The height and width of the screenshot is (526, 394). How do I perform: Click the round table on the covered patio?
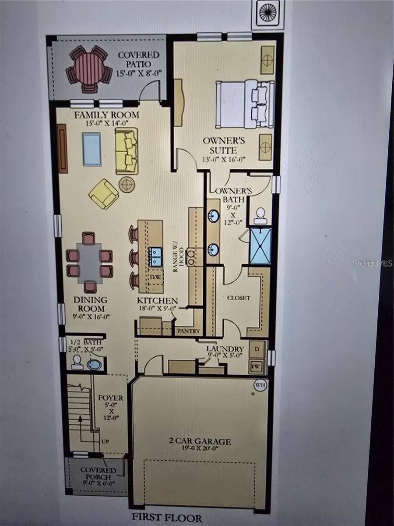pos(89,69)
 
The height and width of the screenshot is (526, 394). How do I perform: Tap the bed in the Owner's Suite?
pos(244,103)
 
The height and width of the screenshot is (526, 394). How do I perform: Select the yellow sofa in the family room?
pos(127,151)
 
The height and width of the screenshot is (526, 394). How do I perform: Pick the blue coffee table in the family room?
pos(92,149)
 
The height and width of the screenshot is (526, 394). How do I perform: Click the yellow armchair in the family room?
pos(104,193)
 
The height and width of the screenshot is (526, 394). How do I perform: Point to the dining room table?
pos(89,263)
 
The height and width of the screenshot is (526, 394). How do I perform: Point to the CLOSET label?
pos(239,298)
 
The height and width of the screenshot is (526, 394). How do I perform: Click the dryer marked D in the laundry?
pos(257,349)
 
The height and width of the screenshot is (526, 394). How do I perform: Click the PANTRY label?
pos(188,331)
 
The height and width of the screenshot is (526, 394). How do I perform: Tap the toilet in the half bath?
pos(77,362)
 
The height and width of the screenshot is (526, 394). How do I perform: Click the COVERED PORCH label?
pos(98,473)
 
